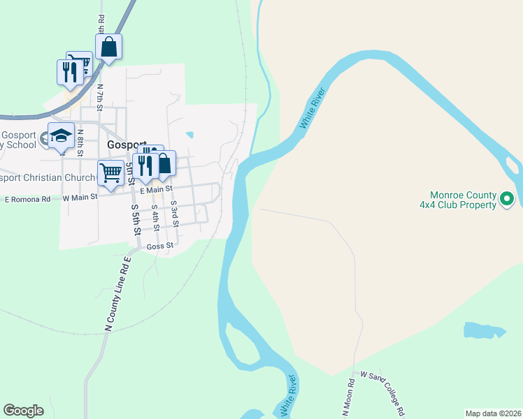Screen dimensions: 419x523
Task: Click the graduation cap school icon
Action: click(60, 135)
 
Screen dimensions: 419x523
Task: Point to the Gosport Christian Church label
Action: click(47, 177)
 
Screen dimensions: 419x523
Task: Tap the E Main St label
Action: click(156, 189)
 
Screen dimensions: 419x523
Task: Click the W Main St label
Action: click(78, 198)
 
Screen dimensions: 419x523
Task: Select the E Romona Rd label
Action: click(27, 199)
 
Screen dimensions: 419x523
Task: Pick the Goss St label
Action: click(160, 247)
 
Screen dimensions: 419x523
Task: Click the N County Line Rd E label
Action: click(117, 294)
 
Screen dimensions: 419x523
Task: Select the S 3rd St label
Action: click(174, 212)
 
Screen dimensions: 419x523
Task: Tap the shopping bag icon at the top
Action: click(108, 47)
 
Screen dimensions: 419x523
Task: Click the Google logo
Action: click(23, 411)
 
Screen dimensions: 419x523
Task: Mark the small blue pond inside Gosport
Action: click(189, 135)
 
